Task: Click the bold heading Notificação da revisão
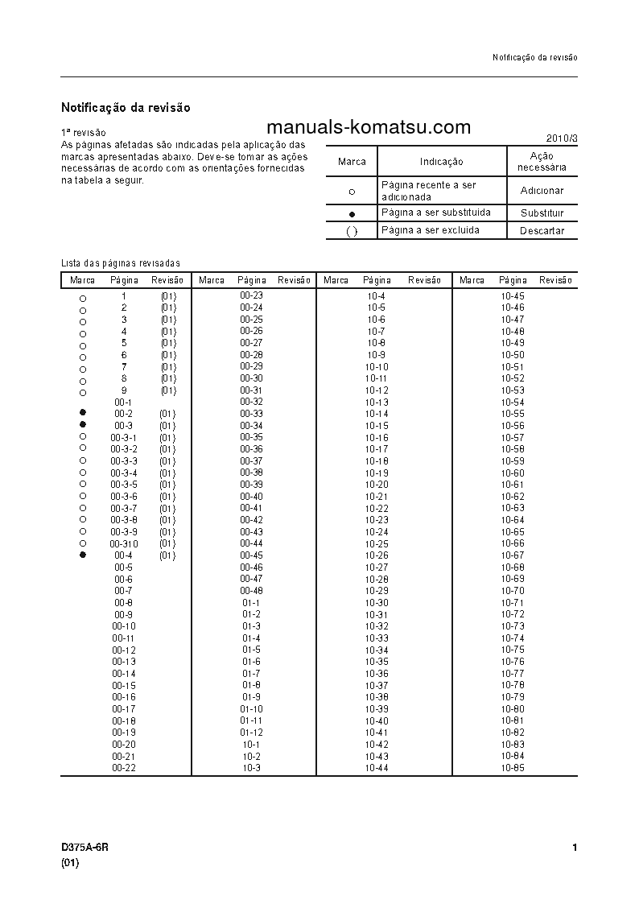click(x=126, y=107)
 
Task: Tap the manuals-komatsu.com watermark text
click(x=368, y=128)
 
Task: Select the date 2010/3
click(x=561, y=138)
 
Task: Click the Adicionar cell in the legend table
click(x=542, y=191)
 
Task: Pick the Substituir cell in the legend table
click(x=542, y=213)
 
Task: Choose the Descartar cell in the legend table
click(x=542, y=231)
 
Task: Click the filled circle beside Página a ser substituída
click(x=352, y=214)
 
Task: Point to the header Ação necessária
click(x=542, y=162)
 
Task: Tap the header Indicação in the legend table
click(x=441, y=162)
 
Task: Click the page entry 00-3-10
click(x=124, y=544)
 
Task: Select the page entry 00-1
click(x=123, y=402)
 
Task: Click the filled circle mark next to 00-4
click(x=82, y=555)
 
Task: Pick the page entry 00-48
click(x=251, y=591)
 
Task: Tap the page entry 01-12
click(x=251, y=733)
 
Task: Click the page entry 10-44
click(x=377, y=768)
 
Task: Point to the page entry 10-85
click(x=513, y=768)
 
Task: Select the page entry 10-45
click(x=513, y=296)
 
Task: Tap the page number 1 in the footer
click(x=574, y=848)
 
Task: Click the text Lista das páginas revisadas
click(x=121, y=263)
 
